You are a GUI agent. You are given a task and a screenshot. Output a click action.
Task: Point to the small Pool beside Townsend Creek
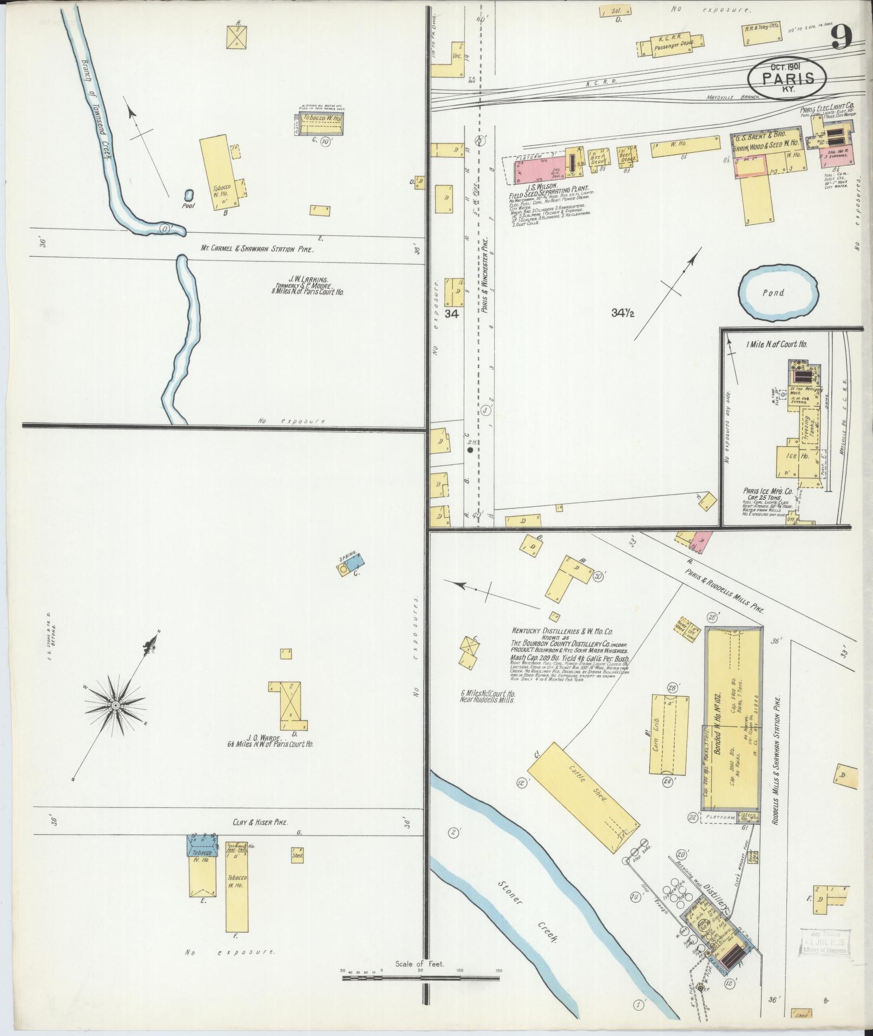pos(189,196)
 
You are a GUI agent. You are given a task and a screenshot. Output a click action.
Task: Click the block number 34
pos(451,314)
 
